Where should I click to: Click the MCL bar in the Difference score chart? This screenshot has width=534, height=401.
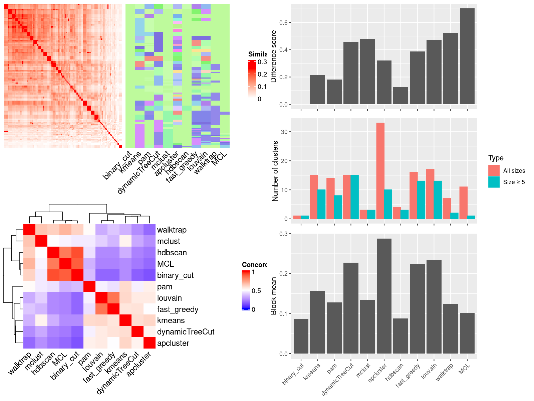click(467, 57)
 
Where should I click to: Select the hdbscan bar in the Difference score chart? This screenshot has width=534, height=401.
click(400, 96)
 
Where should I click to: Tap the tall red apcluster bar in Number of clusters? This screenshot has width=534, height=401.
click(380, 170)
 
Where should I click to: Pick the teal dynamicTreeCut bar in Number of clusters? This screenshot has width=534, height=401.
click(354, 197)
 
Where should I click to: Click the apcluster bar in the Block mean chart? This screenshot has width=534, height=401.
click(384, 296)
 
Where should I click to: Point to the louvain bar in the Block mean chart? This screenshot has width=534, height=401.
click(434, 306)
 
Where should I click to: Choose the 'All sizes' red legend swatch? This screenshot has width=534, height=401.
click(494, 170)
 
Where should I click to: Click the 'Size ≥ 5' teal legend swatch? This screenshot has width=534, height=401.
click(494, 182)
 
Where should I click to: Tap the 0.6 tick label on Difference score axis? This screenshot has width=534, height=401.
click(283, 23)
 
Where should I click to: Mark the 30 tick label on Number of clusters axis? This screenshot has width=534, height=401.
click(284, 132)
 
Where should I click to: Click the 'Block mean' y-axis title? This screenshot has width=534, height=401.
click(274, 296)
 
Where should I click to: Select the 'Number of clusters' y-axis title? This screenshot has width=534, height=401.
click(275, 171)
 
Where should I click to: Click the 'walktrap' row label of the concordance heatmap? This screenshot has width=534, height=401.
click(172, 230)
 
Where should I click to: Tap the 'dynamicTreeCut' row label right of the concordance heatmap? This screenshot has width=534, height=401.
click(186, 332)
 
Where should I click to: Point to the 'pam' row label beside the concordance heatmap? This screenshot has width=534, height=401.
click(165, 287)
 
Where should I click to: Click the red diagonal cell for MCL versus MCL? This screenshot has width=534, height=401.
click(65, 264)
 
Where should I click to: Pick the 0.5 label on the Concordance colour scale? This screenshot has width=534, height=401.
click(256, 291)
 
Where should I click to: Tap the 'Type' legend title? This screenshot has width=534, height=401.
click(496, 158)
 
